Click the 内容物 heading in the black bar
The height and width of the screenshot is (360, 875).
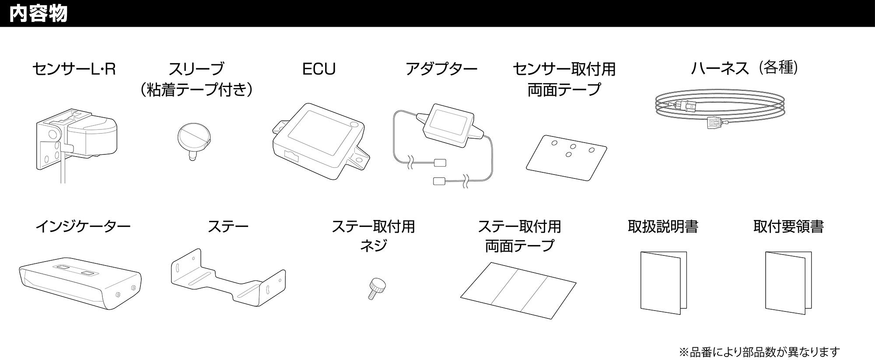pos(38,14)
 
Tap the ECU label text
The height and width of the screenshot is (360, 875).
pos(319,69)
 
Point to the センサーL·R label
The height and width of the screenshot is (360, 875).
pos(74,69)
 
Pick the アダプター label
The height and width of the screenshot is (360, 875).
pos(441,69)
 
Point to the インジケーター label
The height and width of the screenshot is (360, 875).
pos(83,227)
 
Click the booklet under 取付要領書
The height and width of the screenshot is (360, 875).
pos(788,282)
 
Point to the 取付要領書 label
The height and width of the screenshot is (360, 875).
pos(788,227)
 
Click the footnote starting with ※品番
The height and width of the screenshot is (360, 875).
pos(759,351)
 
